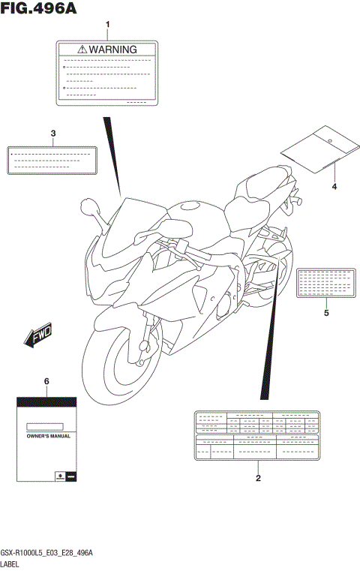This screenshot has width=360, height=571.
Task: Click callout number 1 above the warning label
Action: click(x=107, y=26)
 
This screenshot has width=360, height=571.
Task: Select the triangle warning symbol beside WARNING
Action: click(x=81, y=50)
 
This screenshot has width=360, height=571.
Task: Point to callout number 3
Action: click(x=53, y=134)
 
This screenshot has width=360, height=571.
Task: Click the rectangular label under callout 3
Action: click(x=52, y=161)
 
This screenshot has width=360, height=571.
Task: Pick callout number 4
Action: click(x=334, y=186)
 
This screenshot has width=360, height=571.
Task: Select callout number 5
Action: click(x=326, y=313)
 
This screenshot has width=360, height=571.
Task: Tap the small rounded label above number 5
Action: click(x=325, y=283)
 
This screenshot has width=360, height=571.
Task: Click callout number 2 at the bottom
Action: click(x=258, y=478)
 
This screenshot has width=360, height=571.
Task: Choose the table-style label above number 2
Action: click(x=257, y=434)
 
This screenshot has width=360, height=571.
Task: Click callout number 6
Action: click(x=46, y=381)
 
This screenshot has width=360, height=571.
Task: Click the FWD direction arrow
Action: click(x=37, y=338)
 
